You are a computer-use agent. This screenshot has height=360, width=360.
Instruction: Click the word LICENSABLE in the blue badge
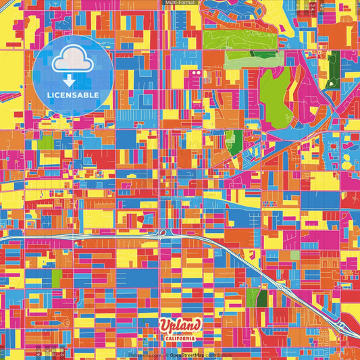[74, 95]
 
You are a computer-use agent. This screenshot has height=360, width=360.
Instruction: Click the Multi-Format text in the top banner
[180, 3]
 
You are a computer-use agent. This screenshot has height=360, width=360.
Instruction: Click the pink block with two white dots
[196, 72]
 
